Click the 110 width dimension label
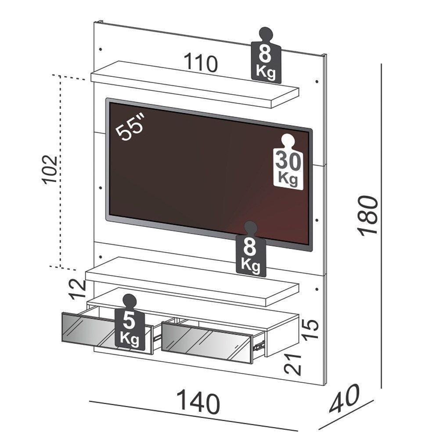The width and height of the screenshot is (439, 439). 200,64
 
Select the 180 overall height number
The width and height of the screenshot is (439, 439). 368,216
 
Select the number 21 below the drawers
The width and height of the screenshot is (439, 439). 293,363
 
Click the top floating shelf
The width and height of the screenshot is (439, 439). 193,86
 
